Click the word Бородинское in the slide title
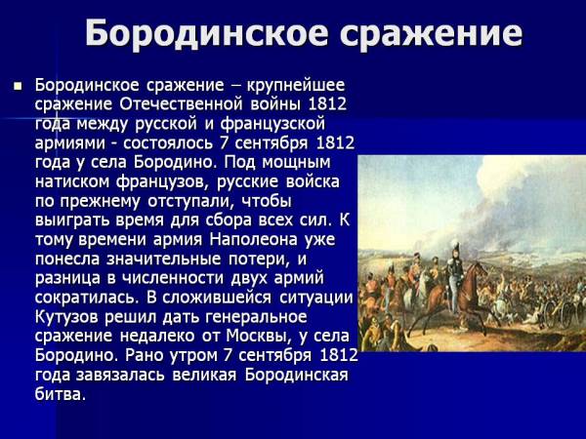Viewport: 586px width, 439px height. click(x=207, y=33)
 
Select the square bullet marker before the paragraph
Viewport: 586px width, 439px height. click(x=18, y=87)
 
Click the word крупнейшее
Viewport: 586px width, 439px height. click(x=295, y=86)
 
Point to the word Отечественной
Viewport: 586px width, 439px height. click(x=181, y=104)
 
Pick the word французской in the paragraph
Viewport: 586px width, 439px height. click(x=272, y=124)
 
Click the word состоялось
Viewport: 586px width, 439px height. click(x=168, y=143)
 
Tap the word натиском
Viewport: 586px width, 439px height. click(x=72, y=181)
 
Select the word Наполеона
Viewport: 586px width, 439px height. click(x=253, y=240)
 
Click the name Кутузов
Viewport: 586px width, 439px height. click(x=66, y=317)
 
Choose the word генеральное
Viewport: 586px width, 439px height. click(x=256, y=318)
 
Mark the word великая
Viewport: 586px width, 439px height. click(x=204, y=376)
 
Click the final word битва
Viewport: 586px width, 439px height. click(x=61, y=394)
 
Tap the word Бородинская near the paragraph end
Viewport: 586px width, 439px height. click(x=296, y=376)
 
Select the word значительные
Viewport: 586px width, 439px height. click(x=164, y=259)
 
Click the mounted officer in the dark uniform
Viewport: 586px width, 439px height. click(x=455, y=276)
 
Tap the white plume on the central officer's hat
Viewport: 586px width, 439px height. click(x=455, y=246)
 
